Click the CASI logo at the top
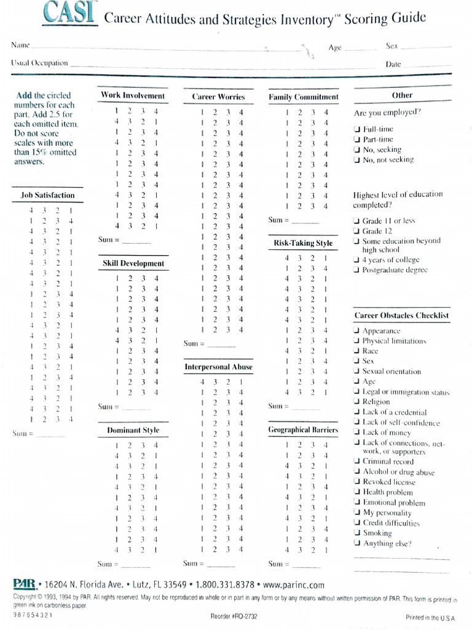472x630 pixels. (x=70, y=14)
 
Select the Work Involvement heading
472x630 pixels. (x=133, y=96)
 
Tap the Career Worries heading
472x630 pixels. (x=218, y=97)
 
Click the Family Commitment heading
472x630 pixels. (x=304, y=97)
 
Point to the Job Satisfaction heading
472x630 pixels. (x=47, y=196)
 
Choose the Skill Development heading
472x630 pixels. (x=133, y=264)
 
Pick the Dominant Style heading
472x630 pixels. (x=133, y=430)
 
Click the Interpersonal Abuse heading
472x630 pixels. (x=219, y=367)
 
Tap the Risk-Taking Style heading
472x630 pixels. (x=303, y=243)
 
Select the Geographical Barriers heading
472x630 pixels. (x=304, y=429)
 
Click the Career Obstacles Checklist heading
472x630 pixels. (x=401, y=316)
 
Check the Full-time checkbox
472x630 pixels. (x=357, y=129)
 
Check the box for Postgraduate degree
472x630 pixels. (x=357, y=269)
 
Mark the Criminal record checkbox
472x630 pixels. (x=357, y=461)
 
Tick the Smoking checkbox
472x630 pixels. (x=357, y=533)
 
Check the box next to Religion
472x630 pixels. (x=357, y=402)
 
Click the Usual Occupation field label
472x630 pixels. (x=39, y=63)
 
